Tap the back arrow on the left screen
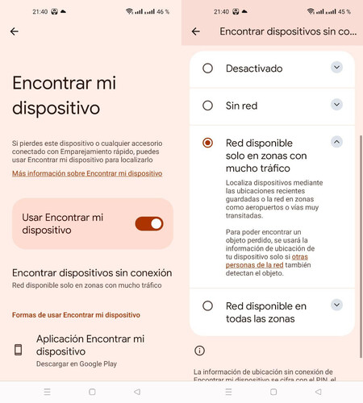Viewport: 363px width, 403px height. point(15,31)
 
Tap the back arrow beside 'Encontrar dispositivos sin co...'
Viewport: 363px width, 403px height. point(196,31)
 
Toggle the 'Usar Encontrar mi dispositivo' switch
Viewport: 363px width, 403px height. point(149,224)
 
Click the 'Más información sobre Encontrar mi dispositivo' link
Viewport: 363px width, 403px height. point(87,173)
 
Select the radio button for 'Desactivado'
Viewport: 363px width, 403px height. point(207,69)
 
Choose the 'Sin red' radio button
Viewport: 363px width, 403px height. point(207,106)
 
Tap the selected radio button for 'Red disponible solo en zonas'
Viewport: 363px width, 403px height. point(207,143)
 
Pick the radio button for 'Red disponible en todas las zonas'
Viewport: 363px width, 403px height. point(207,305)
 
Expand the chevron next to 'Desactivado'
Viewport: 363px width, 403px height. point(336,67)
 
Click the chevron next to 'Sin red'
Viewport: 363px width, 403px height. point(336,104)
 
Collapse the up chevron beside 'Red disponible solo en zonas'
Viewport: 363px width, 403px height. point(336,142)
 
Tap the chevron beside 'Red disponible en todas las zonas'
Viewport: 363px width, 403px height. point(336,305)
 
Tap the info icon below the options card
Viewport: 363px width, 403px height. point(199,351)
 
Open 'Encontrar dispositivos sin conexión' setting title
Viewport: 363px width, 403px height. point(92,273)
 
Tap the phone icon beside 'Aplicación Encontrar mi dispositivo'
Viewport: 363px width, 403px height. point(18,350)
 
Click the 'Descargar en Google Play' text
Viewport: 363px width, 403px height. point(77,364)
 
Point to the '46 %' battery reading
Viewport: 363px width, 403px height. point(163,11)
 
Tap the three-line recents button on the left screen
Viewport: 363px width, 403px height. point(47,392)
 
